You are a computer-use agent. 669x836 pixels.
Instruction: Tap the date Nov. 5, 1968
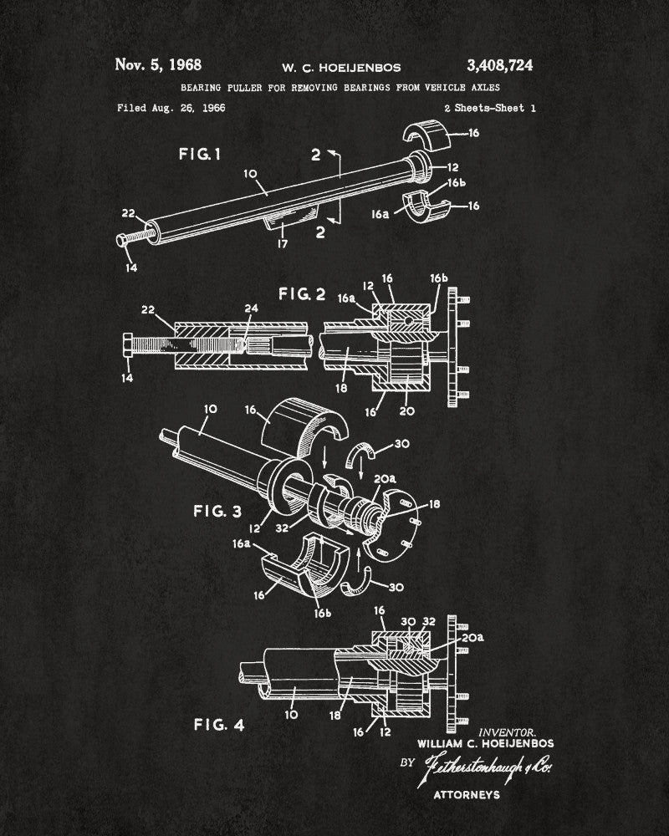coord(158,64)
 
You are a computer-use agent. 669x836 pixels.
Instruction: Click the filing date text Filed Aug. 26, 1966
coord(171,108)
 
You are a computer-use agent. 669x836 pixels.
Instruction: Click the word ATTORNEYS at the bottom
coord(466,794)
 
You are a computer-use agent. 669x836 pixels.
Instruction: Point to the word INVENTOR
coord(508,731)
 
